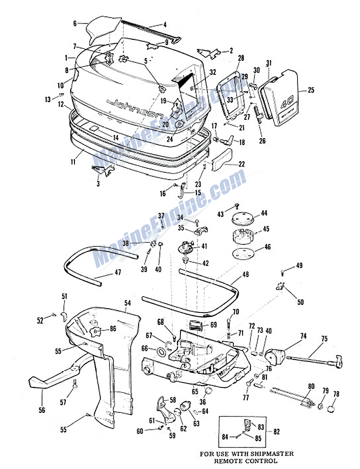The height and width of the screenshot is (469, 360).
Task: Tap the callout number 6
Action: pyautogui.click(x=75, y=23)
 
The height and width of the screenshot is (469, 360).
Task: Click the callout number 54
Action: pyautogui.click(x=127, y=303)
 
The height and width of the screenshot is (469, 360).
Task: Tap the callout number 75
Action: pyautogui.click(x=324, y=338)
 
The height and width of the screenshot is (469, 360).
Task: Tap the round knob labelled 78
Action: pyautogui.click(x=333, y=409)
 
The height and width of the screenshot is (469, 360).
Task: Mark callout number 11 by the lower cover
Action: pyautogui.click(x=73, y=163)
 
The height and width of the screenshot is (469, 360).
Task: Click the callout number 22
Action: pyautogui.click(x=241, y=164)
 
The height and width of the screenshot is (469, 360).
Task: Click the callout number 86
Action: pyautogui.click(x=113, y=329)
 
